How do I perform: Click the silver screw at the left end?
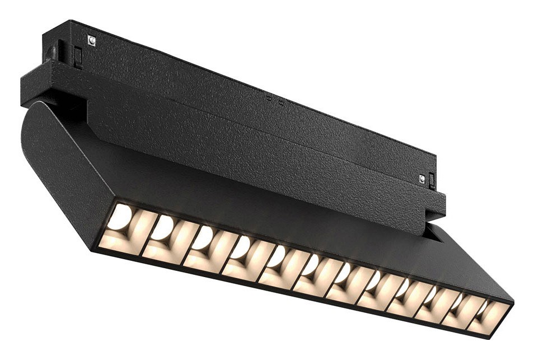click(91, 40)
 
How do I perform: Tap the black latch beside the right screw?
click(432, 180)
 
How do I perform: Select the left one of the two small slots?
click(269, 98)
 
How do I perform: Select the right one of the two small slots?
click(280, 102)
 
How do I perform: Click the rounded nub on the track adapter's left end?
click(51, 54)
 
